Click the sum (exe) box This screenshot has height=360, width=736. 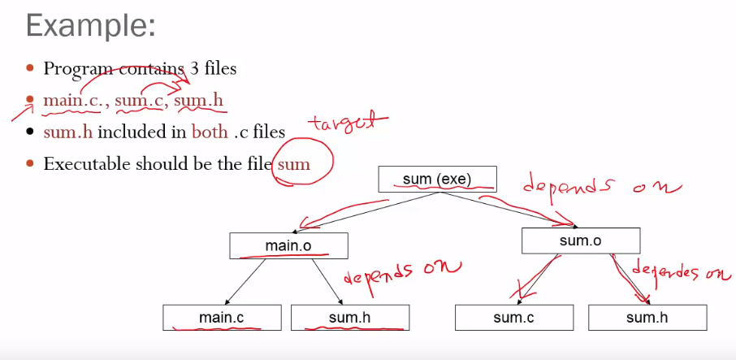437,179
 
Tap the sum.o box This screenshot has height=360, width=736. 580,241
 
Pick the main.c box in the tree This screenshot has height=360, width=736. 221,318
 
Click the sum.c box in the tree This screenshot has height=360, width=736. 513,318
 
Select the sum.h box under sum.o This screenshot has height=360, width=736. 647,318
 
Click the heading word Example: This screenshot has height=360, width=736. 89,27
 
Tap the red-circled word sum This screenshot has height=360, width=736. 293,163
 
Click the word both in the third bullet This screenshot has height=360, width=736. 210,132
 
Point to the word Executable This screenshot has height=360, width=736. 88,163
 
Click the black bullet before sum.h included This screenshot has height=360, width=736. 31,132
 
